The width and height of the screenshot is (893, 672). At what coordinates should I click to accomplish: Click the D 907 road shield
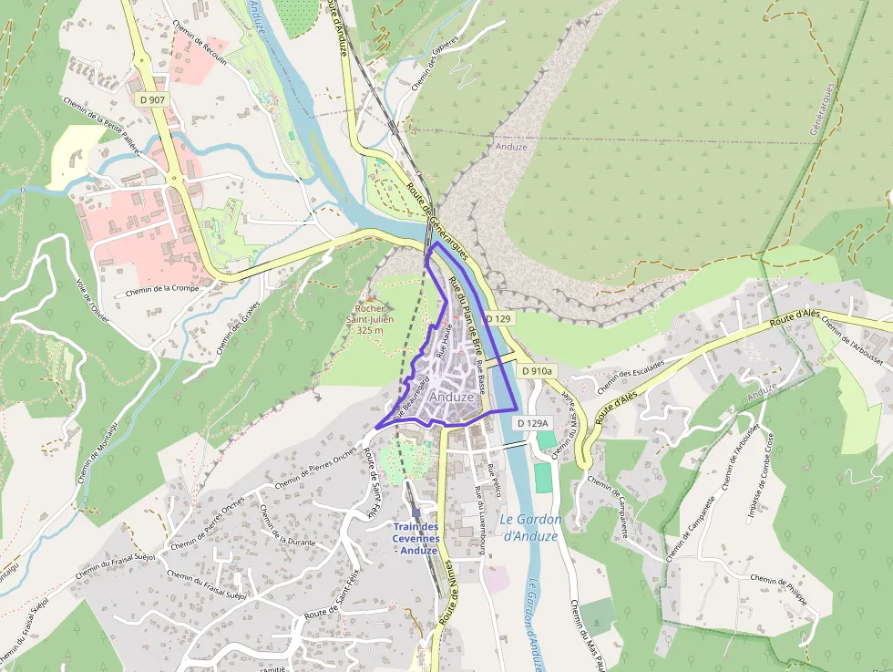(x=152, y=98)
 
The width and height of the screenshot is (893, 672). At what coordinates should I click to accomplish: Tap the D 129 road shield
(x=498, y=319)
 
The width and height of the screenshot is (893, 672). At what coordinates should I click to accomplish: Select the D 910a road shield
(x=537, y=371)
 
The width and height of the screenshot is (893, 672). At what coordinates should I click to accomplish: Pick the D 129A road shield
(x=533, y=423)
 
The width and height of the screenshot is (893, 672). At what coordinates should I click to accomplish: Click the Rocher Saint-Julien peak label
(x=370, y=319)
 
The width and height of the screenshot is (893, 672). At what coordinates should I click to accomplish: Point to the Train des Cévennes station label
(x=416, y=538)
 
